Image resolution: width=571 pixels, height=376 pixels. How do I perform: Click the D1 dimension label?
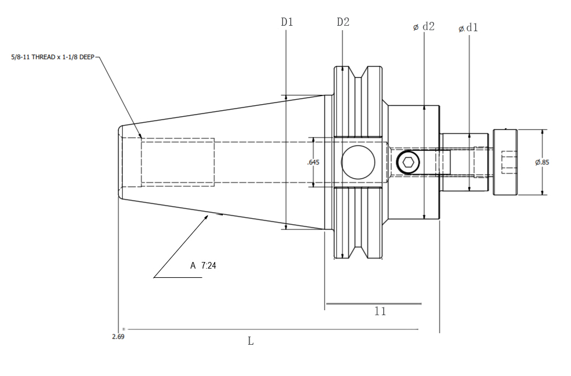pyautogui.click(x=287, y=22)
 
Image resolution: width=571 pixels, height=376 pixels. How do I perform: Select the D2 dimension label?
pyautogui.click(x=343, y=22)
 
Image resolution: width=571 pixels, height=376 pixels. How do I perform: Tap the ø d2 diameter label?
pyautogui.click(x=424, y=27)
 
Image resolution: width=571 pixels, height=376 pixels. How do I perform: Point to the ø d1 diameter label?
pyautogui.click(x=468, y=28)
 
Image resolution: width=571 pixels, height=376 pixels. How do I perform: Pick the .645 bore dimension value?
pyautogui.click(x=313, y=162)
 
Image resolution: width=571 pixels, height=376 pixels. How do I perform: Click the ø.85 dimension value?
pyautogui.click(x=542, y=162)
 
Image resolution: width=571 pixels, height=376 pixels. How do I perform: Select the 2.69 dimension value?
pyautogui.click(x=118, y=337)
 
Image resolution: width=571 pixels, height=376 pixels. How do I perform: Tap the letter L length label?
pyautogui.click(x=251, y=341)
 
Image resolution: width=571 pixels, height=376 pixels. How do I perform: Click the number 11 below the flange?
pyautogui.click(x=380, y=311)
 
